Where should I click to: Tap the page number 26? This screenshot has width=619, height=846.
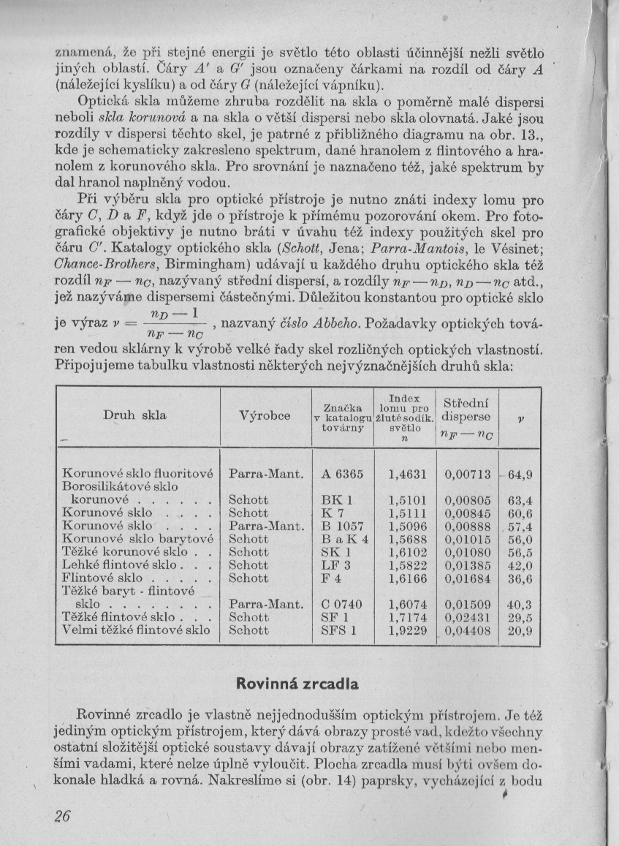pos(61,817)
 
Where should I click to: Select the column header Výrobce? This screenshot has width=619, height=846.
pos(265,416)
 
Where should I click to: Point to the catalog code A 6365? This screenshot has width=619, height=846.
pos(342,474)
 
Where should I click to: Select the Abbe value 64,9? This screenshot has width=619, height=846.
pos(520,475)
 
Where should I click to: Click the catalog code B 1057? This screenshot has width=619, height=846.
pos(342,526)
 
